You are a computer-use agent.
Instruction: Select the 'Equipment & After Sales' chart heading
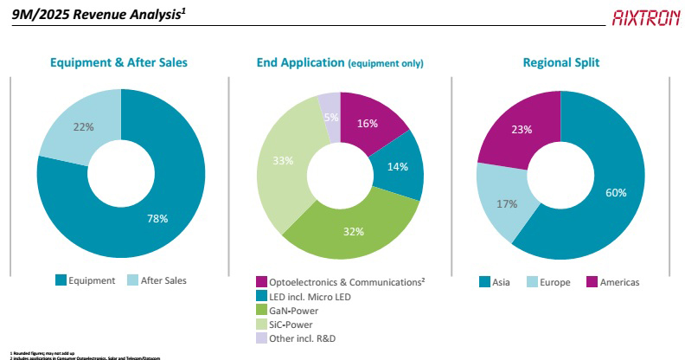pyautogui.click(x=118, y=63)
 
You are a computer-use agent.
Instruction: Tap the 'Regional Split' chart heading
pyautogui.click(x=561, y=63)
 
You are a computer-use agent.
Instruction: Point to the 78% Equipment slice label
pyautogui.click(x=157, y=220)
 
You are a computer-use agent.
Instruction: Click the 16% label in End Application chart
pyautogui.click(x=367, y=124)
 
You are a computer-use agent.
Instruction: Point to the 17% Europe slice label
pyautogui.click(x=507, y=204)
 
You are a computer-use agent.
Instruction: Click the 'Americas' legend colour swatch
pyautogui.click(x=592, y=281)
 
